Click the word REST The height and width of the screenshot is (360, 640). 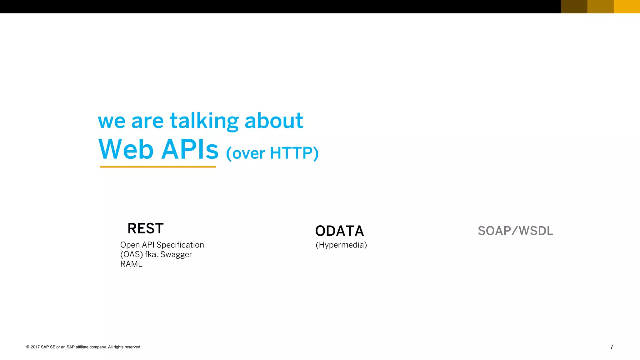pos(146,228)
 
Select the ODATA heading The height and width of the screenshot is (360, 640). pos(339,231)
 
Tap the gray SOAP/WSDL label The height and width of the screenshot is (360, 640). pos(515,231)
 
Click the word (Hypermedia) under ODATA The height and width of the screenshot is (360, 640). pos(341,245)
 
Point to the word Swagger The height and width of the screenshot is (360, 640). pos(176,255)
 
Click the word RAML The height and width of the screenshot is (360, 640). pos(131,264)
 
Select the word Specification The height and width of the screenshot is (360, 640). pos(180,245)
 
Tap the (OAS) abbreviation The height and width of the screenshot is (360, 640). pos(131,255)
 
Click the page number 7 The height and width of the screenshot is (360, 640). pos(612,347)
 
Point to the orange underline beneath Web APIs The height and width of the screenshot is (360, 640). pos(158,167)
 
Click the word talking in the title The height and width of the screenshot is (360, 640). pos(204,121)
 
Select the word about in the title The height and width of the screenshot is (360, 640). pos(274,121)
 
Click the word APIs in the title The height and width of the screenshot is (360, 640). pos(190,149)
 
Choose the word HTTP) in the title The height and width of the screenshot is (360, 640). pos(294,153)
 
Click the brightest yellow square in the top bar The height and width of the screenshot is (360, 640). pos(627,7)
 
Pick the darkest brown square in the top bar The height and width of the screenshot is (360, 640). pos(574,7)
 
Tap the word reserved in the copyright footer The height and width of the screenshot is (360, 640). pos(133,347)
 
